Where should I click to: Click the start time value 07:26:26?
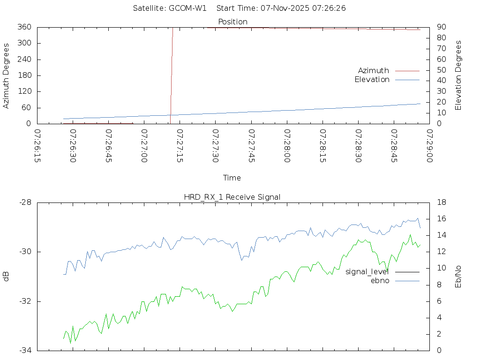click(x=330, y=8)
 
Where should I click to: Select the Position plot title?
click(x=233, y=22)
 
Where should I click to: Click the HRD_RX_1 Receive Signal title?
click(x=232, y=197)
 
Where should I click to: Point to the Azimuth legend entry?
click(x=374, y=70)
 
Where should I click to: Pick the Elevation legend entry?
click(x=372, y=80)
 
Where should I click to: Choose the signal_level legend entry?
click(x=367, y=271)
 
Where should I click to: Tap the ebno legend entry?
click(x=380, y=281)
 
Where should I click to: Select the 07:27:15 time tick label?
click(x=180, y=146)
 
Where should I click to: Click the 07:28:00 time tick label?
click(x=287, y=146)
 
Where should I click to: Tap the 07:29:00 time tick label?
click(x=429, y=146)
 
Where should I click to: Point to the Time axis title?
click(x=232, y=178)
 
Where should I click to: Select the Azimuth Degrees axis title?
click(x=7, y=75)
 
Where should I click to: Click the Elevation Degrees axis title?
click(x=458, y=75)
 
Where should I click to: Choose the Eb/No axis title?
click(x=458, y=277)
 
